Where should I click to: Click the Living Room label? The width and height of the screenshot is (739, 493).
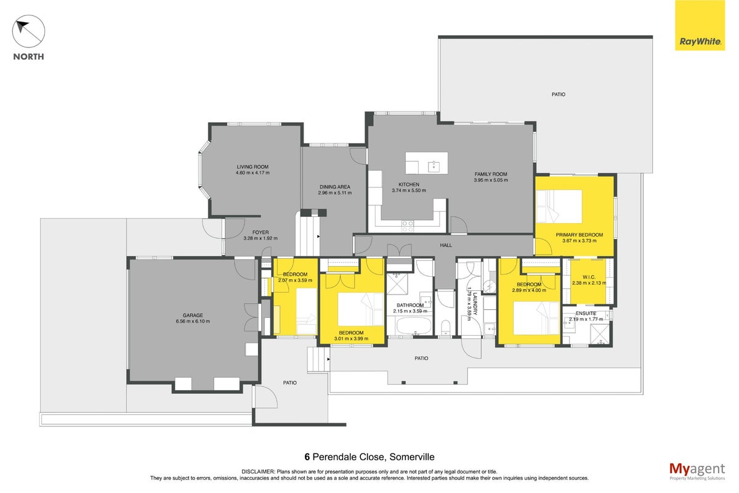coord(252,167)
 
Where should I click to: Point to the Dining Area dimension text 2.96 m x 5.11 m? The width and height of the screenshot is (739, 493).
coord(335,193)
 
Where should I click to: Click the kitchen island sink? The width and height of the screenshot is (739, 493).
coord(434,167)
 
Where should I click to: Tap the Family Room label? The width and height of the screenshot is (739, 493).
coord(491,174)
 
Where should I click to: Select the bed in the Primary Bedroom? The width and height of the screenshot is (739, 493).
coord(559,206)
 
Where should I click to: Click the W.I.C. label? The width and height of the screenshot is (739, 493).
coord(589,277)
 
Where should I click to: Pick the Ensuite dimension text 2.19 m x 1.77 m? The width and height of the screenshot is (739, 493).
coord(586,319)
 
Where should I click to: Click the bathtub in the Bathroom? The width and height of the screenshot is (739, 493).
coord(414,325)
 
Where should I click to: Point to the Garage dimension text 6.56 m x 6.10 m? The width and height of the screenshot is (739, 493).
coord(193,321)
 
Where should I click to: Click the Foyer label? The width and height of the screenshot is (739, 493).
coord(260,232)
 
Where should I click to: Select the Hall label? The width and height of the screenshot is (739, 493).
coord(446,245)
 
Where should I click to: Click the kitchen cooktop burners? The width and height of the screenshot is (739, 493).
coord(407,226)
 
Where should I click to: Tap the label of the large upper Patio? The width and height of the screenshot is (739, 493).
coord(558,94)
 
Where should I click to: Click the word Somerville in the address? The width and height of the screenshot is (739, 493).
coord(412,457)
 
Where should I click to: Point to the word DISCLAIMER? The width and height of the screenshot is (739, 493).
coord(258,472)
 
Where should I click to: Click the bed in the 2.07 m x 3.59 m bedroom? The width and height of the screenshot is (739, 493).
coord(307,311)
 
